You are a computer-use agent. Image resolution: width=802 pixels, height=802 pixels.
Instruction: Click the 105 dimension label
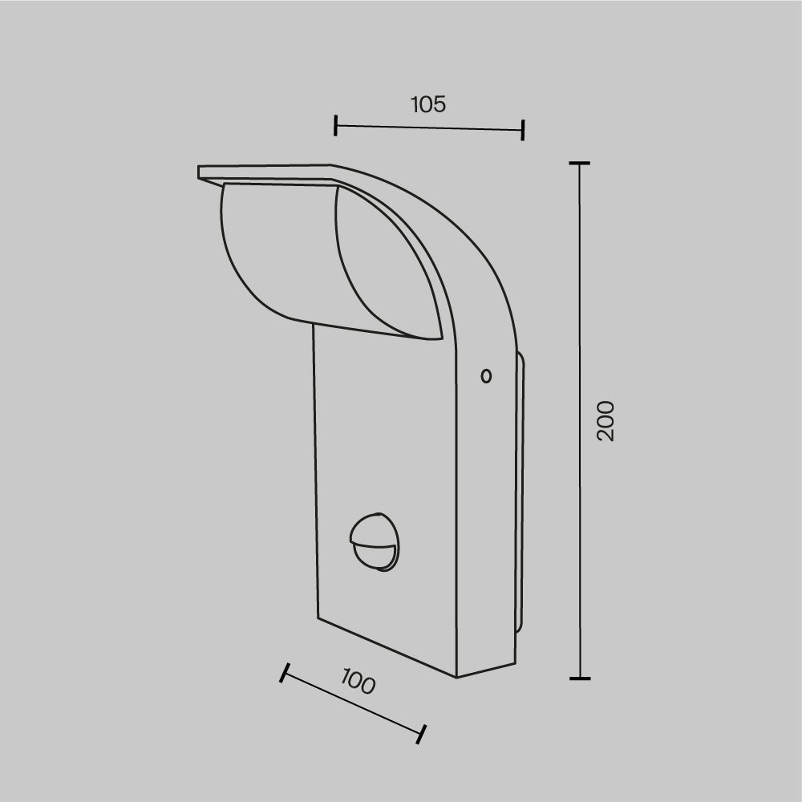click(x=428, y=104)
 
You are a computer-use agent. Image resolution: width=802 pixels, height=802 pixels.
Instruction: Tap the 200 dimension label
click(x=606, y=421)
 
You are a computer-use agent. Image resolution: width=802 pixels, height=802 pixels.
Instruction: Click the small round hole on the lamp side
click(x=487, y=376)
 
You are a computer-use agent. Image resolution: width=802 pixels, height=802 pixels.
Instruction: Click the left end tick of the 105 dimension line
click(x=335, y=125)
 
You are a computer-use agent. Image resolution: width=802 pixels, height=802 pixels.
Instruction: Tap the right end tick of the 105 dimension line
click(x=522, y=130)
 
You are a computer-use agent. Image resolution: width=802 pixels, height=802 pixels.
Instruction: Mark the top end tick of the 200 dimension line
click(x=580, y=163)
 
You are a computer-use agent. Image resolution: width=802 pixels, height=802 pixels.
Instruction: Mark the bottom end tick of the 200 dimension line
click(x=580, y=678)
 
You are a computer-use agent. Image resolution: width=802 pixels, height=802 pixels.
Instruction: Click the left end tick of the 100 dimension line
click(x=285, y=673)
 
